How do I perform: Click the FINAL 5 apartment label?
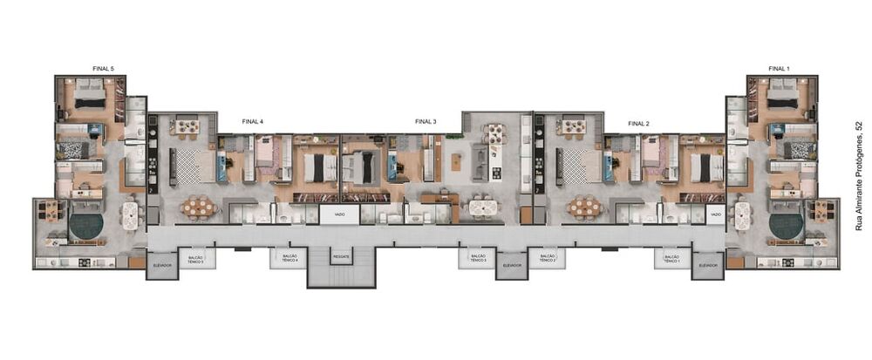click(103, 68)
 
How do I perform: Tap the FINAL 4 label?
click(253, 123)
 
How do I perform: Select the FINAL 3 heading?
click(426, 122)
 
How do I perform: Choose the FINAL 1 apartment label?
click(779, 68)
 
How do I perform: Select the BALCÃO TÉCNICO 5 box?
click(196, 259)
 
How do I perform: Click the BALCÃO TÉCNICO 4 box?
click(290, 258)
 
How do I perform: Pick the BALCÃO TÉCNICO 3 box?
click(475, 259)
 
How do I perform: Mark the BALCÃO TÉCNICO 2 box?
click(547, 259)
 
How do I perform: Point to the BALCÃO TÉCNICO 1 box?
click(671, 259)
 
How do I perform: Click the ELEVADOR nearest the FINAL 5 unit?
click(161, 264)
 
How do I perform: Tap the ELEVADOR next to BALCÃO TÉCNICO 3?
click(512, 264)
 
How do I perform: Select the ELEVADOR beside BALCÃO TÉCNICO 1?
click(708, 264)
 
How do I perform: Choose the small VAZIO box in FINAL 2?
click(715, 214)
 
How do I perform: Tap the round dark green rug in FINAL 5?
click(86, 226)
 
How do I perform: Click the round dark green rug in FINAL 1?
click(786, 226)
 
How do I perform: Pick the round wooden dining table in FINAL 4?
click(201, 207)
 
